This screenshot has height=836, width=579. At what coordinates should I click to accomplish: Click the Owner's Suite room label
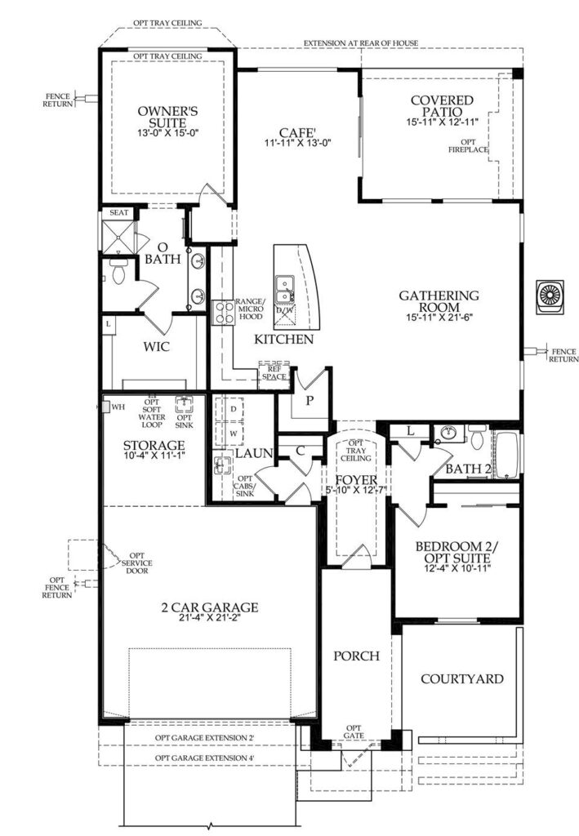[168, 118]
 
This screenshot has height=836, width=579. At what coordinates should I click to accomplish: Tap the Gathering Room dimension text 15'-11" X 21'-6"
[439, 318]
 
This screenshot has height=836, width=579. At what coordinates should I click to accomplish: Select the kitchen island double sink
[283, 289]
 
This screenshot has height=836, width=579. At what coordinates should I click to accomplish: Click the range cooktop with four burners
[223, 313]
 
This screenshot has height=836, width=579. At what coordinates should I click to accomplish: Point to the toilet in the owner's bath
[117, 272]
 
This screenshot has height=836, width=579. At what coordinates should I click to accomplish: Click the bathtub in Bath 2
[506, 454]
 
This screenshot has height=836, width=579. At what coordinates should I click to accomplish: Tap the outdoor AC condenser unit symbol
[549, 295]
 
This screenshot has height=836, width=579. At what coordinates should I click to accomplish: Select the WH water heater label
[118, 407]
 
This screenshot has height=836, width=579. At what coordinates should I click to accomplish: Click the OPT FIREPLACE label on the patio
[468, 146]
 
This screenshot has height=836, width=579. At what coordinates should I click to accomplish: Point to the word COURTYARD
[462, 678]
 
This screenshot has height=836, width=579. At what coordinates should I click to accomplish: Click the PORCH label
[357, 656]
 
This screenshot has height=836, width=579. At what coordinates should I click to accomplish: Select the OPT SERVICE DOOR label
[137, 563]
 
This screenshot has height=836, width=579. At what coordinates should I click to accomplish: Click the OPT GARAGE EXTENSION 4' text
[205, 758]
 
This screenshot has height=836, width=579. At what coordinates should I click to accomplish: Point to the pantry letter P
[310, 400]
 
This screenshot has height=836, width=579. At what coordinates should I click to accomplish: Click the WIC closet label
[157, 346]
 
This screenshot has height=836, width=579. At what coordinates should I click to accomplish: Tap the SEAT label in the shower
[119, 213]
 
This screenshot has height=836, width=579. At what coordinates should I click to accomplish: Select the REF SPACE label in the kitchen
[274, 372]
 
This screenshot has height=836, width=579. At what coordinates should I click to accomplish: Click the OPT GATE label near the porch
[354, 731]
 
